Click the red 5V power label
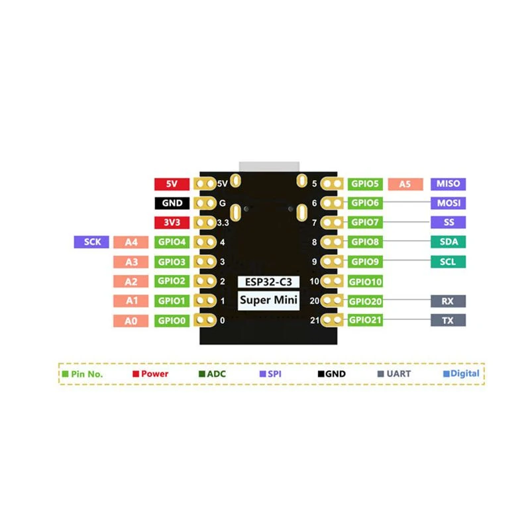(172, 184)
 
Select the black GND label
(172, 203)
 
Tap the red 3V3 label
(172, 223)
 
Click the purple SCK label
(91, 242)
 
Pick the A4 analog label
(131, 242)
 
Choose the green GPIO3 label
(172, 262)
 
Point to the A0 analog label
(131, 321)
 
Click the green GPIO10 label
(365, 282)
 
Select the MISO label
(449, 184)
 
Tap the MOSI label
(449, 203)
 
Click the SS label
(449, 223)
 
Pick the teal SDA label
(449, 242)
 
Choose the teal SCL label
(449, 262)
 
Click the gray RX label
(449, 301)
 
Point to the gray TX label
(449, 321)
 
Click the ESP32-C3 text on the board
(268, 282)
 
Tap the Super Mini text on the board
(268, 300)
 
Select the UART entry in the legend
(394, 374)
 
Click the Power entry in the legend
(150, 374)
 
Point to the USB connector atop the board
(269, 167)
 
